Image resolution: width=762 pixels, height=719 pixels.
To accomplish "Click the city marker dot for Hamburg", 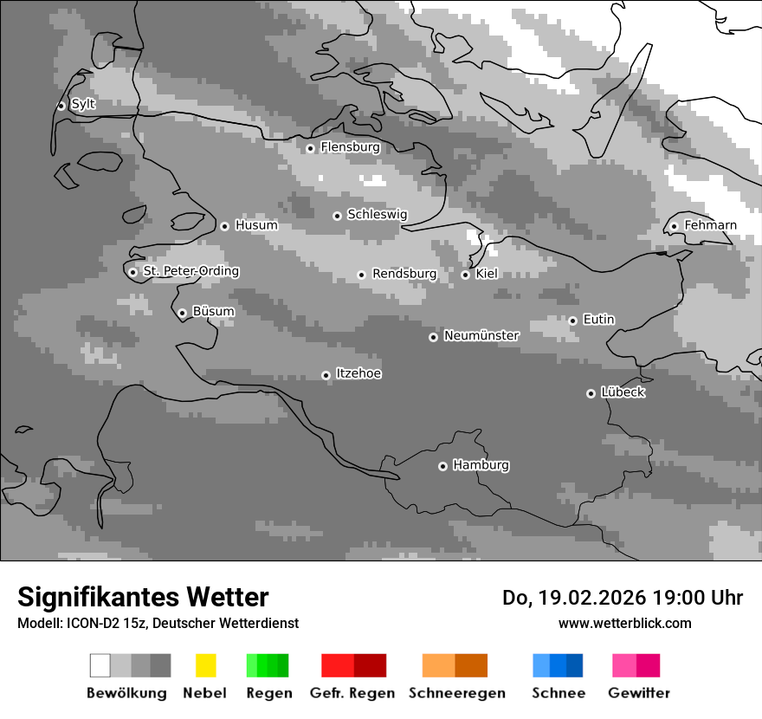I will tap(442, 466).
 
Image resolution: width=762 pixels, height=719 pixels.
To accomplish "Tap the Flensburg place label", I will tap(350, 147).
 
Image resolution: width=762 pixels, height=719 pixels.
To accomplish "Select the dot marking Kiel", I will tap(465, 275).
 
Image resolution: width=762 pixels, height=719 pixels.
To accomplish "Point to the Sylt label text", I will tap(83, 104).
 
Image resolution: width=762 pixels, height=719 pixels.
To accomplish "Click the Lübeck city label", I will tap(623, 392).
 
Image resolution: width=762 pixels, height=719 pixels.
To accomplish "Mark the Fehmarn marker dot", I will tap(674, 227).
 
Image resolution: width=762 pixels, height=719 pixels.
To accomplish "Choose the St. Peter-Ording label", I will tap(190, 271).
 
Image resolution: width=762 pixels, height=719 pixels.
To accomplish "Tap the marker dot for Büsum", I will tap(182, 313).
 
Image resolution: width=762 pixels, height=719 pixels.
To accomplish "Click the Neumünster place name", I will tap(481, 335).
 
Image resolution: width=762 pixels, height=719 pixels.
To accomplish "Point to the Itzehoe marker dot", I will tap(326, 375).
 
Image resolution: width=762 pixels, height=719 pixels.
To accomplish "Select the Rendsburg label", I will tap(404, 274).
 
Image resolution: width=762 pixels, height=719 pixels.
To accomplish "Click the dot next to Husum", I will tap(224, 226).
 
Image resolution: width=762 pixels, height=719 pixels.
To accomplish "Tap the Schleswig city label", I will tap(377, 214).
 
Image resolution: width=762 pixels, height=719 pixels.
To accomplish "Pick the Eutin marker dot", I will tap(572, 321).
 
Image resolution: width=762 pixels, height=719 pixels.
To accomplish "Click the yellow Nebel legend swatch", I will tap(205, 665).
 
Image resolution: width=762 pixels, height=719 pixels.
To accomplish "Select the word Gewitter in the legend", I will tap(639, 693).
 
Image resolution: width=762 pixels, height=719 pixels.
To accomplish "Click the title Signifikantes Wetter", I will tap(143, 597).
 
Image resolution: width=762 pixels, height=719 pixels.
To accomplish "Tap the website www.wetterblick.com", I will tap(624, 623).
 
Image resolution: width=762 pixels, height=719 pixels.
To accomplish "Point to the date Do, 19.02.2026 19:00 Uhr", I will tap(623, 598).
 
